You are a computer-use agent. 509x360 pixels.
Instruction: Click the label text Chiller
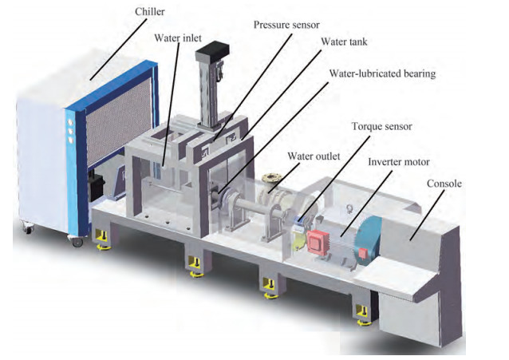152,12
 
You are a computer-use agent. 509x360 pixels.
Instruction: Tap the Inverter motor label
394,161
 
